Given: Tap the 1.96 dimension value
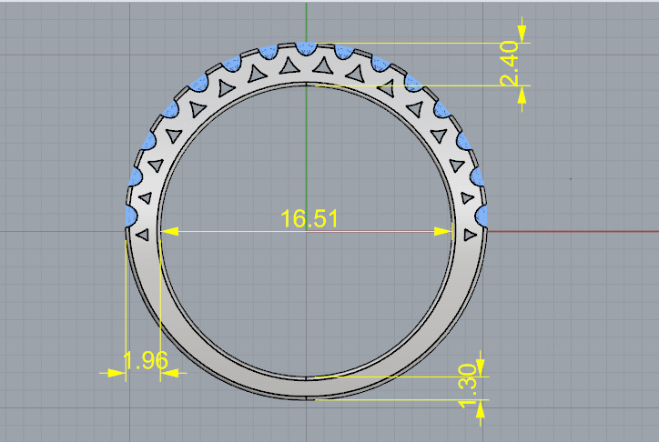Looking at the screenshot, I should tap(145, 360).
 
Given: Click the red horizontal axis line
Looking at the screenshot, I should tap(573, 231).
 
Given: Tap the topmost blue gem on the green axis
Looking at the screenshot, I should tap(307, 47).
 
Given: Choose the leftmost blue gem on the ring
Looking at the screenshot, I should tap(130, 215).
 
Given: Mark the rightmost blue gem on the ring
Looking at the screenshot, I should tap(483, 215).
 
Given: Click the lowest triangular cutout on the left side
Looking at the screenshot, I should tap(142, 235).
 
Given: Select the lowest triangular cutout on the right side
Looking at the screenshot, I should tap(470, 235).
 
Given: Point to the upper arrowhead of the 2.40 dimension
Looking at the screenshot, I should tap(522, 31).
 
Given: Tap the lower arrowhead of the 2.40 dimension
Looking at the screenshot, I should tap(522, 96).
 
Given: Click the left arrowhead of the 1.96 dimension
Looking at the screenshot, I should tap(115, 372).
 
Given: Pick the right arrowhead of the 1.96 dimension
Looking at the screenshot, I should tap(170, 372).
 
